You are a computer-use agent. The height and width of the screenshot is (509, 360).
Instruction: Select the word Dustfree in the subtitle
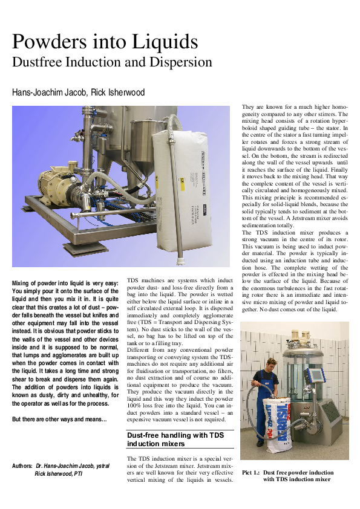[x=37, y=62]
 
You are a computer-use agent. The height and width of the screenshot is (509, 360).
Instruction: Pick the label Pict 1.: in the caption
[x=250, y=472]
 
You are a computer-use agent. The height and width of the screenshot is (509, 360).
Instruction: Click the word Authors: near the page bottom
[x=22, y=466]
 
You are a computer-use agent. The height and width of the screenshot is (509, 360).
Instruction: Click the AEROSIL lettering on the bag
[x=270, y=423]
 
